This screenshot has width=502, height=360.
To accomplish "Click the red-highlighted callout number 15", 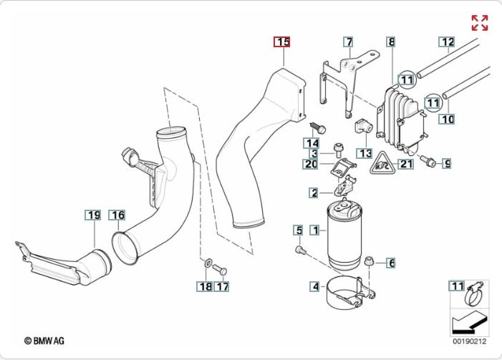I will (x=283, y=42).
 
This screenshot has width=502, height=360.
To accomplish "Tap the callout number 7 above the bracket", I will (x=348, y=42).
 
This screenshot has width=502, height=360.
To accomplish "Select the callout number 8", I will (x=391, y=42).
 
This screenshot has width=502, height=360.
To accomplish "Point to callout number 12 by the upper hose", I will (x=447, y=42).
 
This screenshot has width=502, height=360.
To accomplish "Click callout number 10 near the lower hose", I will (x=448, y=120).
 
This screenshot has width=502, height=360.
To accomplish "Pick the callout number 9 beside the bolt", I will (x=446, y=164).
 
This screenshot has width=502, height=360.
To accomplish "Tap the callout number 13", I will (x=365, y=153).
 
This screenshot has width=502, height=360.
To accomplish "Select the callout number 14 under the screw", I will (x=313, y=142).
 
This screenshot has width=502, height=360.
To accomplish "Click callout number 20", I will (x=310, y=164).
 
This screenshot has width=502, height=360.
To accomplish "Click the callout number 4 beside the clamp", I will (x=314, y=287).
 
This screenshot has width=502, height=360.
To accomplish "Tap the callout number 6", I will (x=391, y=263).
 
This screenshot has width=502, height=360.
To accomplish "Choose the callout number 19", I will (x=93, y=215).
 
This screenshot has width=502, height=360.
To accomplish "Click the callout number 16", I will (x=117, y=215).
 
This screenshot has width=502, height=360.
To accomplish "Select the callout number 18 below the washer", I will (x=204, y=287).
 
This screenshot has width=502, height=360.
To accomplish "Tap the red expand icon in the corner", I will (x=479, y=22).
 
